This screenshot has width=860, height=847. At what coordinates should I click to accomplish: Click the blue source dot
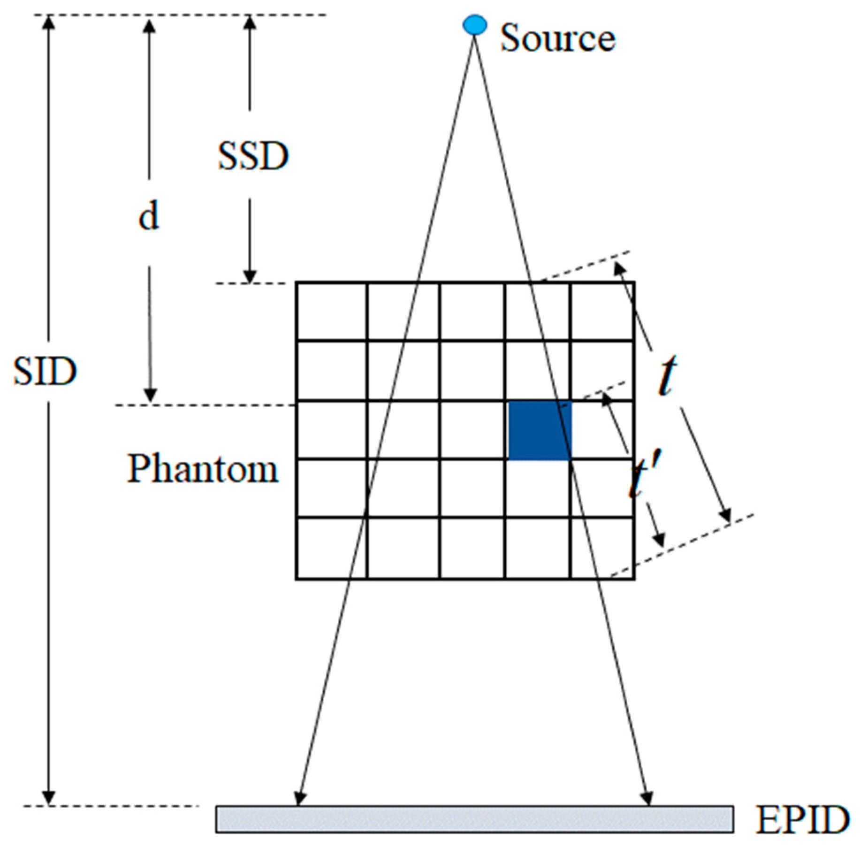pyautogui.click(x=474, y=25)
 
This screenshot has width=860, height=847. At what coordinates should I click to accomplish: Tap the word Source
pyautogui.click(x=557, y=38)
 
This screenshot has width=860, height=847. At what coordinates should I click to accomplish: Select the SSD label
pyautogui.click(x=253, y=156)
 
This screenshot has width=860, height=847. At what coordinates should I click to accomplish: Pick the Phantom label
pyautogui.click(x=203, y=469)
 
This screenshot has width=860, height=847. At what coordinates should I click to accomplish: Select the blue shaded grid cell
pyautogui.click(x=540, y=430)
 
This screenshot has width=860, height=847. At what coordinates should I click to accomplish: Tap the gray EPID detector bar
pyautogui.click(x=474, y=819)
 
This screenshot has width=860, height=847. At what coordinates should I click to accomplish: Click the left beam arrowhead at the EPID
pyautogui.click(x=299, y=798)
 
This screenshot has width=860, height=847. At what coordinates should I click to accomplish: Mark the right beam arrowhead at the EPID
pyautogui.click(x=647, y=798)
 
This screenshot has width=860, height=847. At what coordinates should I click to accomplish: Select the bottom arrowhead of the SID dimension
pyautogui.click(x=48, y=798)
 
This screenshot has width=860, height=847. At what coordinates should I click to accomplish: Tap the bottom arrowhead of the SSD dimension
pyautogui.click(x=250, y=277)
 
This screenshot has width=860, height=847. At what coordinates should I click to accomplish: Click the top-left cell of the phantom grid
pyautogui.click(x=332, y=311)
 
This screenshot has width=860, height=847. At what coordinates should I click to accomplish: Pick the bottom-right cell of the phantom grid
pyautogui.click(x=602, y=548)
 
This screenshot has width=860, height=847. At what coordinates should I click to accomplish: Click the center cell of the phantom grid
pyautogui.click(x=472, y=430)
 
